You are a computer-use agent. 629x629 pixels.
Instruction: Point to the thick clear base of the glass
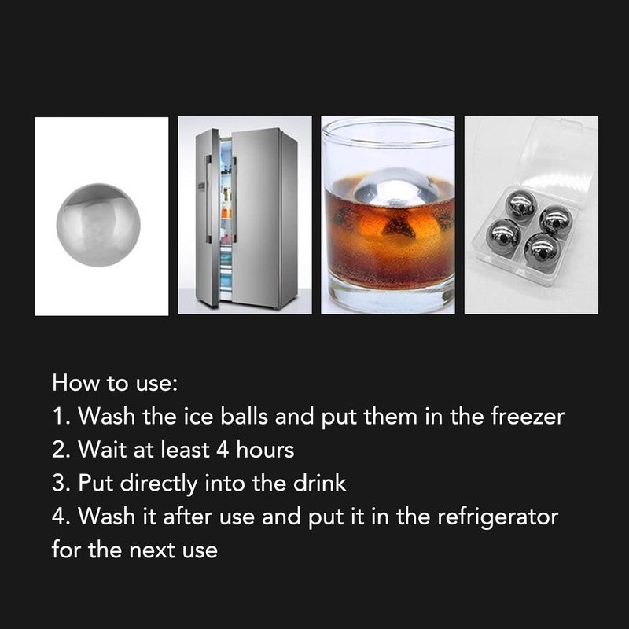point(388,296)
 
